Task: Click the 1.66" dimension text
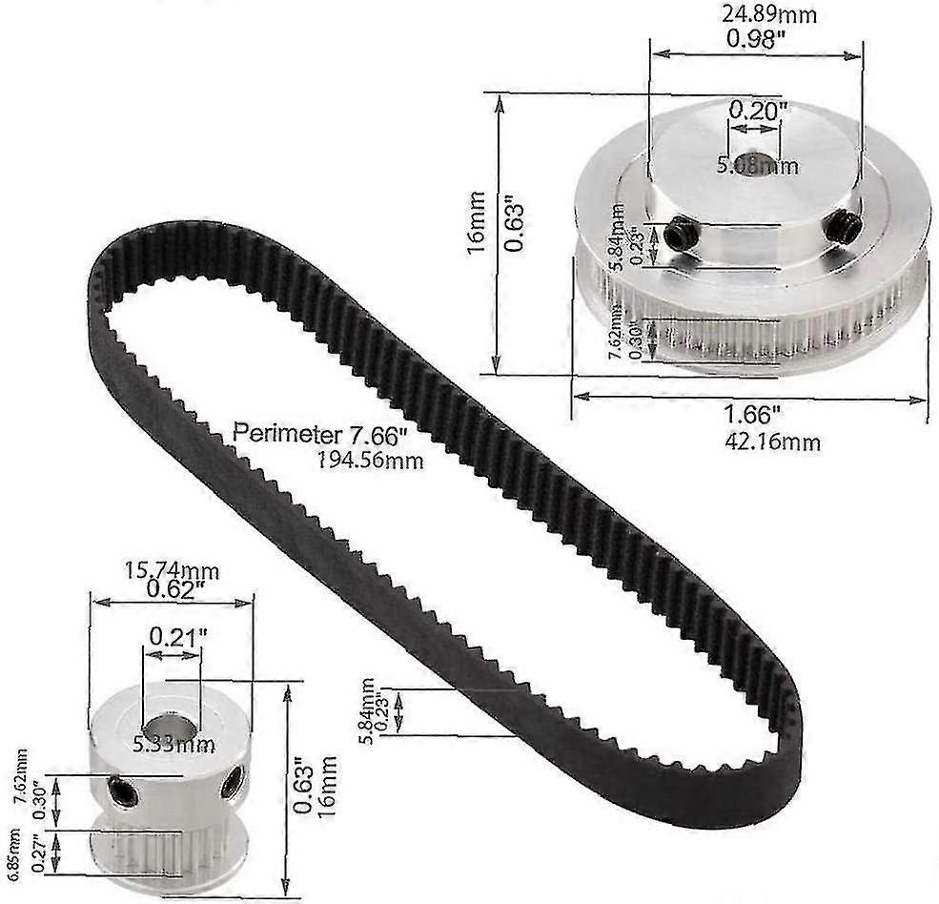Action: [753, 416]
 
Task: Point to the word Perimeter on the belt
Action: [286, 436]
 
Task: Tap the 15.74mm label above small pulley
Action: [172, 572]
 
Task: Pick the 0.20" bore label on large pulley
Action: [758, 110]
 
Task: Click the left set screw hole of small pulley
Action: [121, 789]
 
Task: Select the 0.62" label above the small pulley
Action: [173, 591]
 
